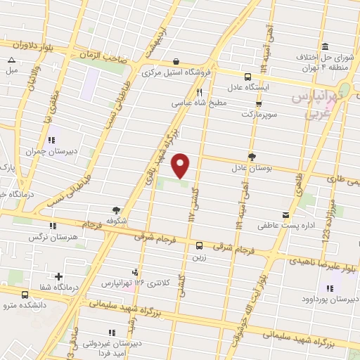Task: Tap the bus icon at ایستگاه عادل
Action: pyautogui.click(x=247, y=77)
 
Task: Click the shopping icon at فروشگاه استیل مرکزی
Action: pyautogui.click(x=175, y=61)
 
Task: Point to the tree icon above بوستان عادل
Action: pyautogui.click(x=252, y=157)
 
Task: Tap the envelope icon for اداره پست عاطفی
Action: pyautogui.click(x=285, y=215)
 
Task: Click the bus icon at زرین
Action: pyautogui.click(x=200, y=245)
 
